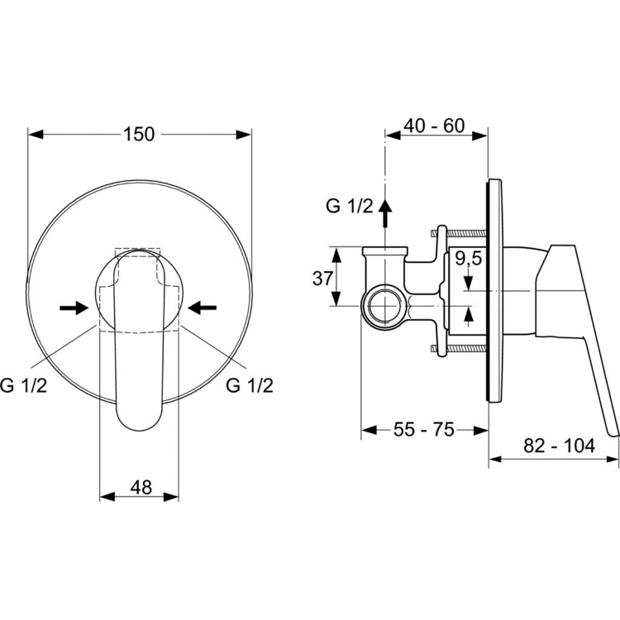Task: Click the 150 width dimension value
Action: (139, 135)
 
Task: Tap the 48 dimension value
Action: (141, 487)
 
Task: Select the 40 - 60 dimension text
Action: (434, 126)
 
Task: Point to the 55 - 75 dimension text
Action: (424, 429)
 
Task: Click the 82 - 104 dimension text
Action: (559, 446)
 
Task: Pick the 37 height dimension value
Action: (322, 279)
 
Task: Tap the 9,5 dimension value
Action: (468, 259)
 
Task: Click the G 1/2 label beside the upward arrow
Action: (349, 207)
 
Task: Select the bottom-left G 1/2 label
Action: (24, 385)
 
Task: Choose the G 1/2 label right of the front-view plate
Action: (250, 385)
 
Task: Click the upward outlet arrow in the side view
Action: (385, 212)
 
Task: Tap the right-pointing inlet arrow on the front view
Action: (74, 308)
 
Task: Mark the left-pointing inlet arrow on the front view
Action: (202, 308)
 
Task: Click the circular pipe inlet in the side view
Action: (384, 306)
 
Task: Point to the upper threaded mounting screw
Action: (459, 234)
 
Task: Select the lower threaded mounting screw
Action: (459, 348)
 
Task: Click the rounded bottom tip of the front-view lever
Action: (139, 430)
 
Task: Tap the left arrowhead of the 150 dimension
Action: (36, 135)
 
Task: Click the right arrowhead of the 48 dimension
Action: (171, 497)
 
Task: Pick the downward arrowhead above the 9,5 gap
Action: (469, 282)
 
